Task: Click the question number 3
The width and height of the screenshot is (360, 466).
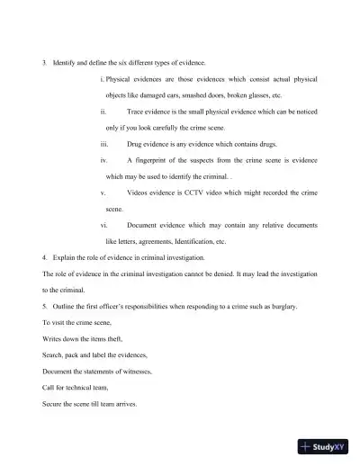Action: click(44, 62)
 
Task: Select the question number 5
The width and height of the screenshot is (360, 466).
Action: click(44, 307)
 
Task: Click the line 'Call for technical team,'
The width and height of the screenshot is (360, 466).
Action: click(76, 388)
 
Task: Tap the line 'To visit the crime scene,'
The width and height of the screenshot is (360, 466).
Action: click(78, 323)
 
